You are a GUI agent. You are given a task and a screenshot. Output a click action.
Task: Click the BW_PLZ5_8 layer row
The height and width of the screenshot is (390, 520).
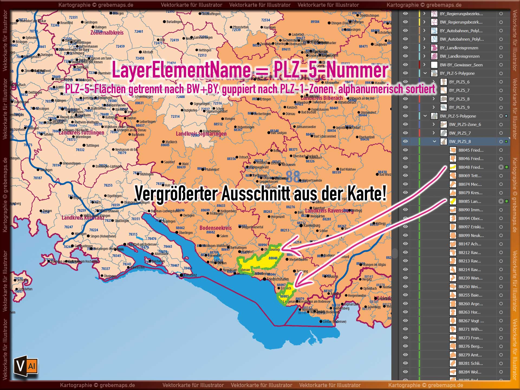click(460, 141)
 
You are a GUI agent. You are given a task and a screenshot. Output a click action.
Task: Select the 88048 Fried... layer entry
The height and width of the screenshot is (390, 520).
click(471, 167)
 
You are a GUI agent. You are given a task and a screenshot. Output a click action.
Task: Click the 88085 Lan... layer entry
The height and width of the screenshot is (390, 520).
click(470, 201)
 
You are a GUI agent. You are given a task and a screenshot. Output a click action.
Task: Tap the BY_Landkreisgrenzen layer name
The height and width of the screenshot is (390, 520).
click(459, 48)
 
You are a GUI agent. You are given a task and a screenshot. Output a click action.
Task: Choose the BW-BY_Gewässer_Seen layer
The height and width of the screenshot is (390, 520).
click(461, 65)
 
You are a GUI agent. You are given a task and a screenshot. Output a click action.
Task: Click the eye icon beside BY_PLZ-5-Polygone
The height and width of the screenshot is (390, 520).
click(405, 73)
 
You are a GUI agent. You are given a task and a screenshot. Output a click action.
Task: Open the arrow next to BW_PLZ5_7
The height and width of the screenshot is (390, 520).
click(434, 133)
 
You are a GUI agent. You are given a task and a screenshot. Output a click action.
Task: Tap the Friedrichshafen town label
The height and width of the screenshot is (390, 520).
click(278, 279)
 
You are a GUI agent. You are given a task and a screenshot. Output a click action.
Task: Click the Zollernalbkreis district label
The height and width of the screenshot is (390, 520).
click(107, 33)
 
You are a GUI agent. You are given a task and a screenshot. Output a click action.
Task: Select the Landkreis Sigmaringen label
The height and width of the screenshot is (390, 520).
click(201, 134)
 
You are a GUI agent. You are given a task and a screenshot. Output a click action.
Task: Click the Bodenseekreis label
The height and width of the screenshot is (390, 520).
click(216, 228)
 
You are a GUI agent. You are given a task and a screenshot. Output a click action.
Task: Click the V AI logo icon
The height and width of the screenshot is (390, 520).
click(26, 366)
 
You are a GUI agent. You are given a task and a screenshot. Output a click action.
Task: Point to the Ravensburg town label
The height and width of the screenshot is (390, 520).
click(311, 225)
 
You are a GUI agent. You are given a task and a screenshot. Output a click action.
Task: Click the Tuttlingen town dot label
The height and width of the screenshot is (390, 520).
click(92, 145)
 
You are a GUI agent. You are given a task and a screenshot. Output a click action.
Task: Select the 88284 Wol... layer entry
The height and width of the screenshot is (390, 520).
click(470, 372)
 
